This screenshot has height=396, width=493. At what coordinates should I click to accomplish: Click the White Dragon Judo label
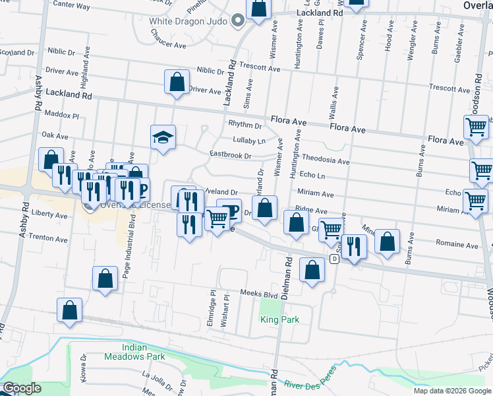point(188,21)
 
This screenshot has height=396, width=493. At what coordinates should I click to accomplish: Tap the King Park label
point(279,319)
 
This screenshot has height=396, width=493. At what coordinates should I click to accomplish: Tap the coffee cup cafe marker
point(229,211)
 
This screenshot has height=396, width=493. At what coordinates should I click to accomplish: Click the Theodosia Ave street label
point(326,160)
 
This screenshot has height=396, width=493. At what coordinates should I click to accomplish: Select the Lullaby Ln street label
point(248,140)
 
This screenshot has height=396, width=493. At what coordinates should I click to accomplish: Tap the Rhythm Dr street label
point(245,124)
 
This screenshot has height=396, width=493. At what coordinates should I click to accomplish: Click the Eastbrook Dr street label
point(231,156)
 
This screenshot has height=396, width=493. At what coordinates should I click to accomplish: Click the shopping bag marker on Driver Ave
point(177,83)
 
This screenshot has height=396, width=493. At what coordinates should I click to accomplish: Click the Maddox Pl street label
point(61,115)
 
